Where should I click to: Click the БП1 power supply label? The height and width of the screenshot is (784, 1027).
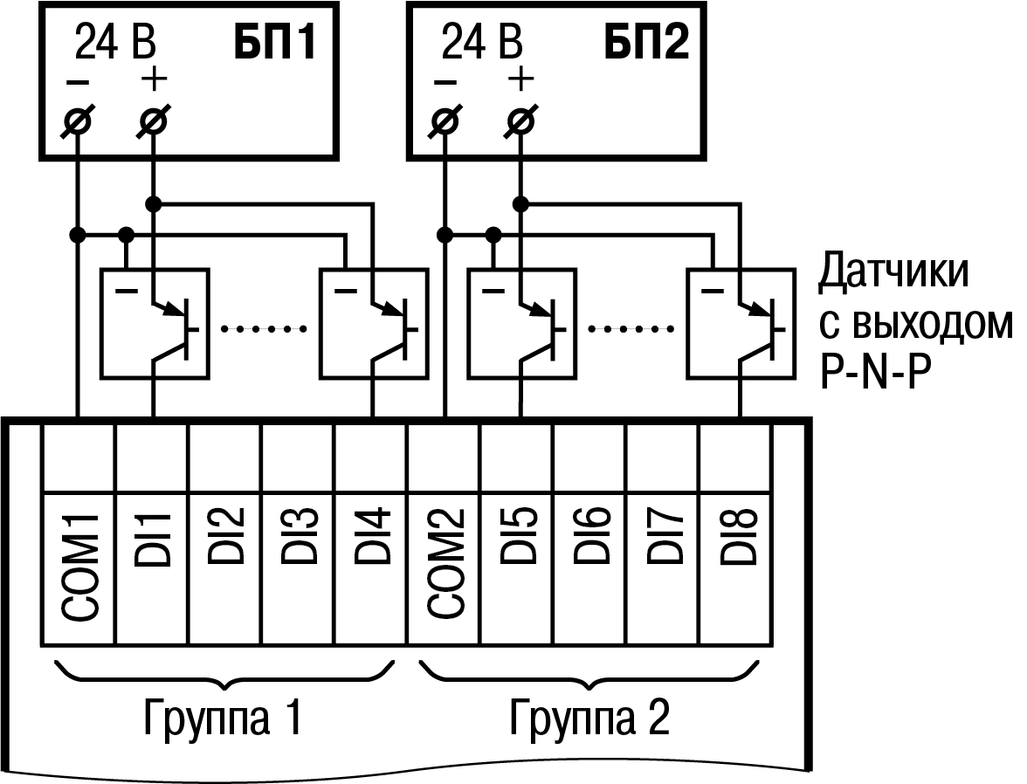point(273,43)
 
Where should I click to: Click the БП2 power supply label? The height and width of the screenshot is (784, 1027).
point(646,43)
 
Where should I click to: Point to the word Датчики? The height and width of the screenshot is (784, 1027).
point(893,273)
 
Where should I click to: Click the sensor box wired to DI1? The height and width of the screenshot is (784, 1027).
point(155,324)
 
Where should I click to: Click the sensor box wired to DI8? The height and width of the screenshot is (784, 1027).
point(740,324)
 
